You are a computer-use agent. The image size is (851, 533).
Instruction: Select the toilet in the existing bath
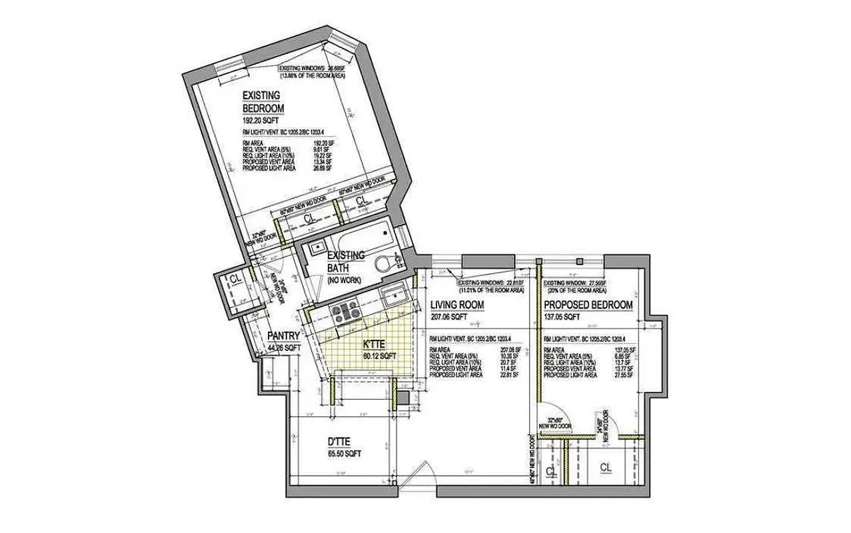coord(383,263)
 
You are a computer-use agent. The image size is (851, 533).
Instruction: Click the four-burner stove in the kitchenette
coord(346,311)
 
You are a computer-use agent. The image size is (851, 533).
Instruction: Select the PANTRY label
coord(283,336)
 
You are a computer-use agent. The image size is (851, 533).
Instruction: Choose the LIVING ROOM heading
coord(456,305)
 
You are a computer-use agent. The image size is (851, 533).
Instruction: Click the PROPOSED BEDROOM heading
coord(588,305)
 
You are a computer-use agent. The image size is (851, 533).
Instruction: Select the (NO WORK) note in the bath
coord(344,280)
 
